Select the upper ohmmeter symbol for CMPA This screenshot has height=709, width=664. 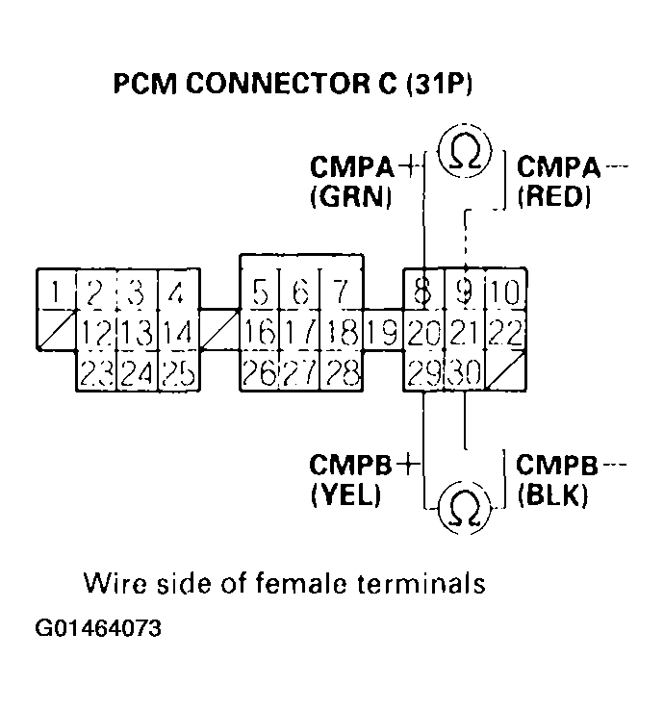point(465,151)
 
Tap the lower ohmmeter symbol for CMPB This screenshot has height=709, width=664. point(465,505)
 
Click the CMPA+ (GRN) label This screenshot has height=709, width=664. point(352,182)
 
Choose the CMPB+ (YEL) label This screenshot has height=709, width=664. point(352,480)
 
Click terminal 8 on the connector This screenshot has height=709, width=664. point(422,291)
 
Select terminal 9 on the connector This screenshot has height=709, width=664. point(465,291)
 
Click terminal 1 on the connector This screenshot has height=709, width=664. point(57,291)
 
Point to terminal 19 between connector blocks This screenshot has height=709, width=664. point(383,332)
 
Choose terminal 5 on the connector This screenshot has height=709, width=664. point(260,291)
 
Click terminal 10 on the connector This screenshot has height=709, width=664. point(506,291)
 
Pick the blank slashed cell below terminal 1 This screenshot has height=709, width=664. point(57,330)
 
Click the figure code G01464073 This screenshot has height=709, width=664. point(98,629)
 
